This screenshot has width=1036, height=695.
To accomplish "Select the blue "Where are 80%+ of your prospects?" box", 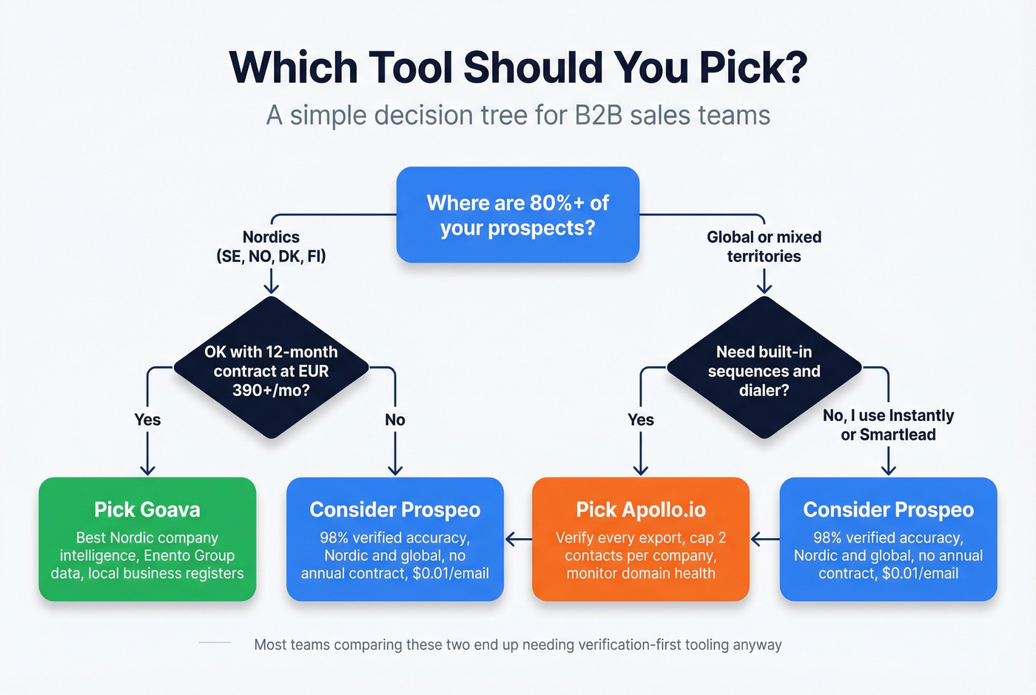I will point(517,215).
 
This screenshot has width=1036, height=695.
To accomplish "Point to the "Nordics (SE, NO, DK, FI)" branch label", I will point(271,246).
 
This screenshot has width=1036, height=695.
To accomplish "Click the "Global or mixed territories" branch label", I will point(764,246).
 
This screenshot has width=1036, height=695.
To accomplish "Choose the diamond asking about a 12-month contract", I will point(271,369).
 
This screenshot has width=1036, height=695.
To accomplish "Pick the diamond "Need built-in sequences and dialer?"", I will point(764,369).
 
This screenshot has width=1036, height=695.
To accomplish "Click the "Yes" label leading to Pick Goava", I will point(147,420).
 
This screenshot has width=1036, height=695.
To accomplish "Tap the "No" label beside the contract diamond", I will point(394,420).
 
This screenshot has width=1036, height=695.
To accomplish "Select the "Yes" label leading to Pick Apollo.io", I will point(640,420).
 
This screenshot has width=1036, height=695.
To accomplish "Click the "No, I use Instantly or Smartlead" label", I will point(888,425).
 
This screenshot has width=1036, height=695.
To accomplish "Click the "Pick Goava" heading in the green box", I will point(147,509).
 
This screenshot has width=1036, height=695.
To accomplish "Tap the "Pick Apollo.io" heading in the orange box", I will point(640,509).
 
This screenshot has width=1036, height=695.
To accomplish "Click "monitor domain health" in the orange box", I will point(640,573).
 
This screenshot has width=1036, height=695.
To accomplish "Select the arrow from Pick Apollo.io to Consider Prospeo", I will point(518,539).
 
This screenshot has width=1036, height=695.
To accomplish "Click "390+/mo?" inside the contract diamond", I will point(271,390).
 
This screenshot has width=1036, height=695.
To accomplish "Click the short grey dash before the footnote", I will point(215,643).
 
